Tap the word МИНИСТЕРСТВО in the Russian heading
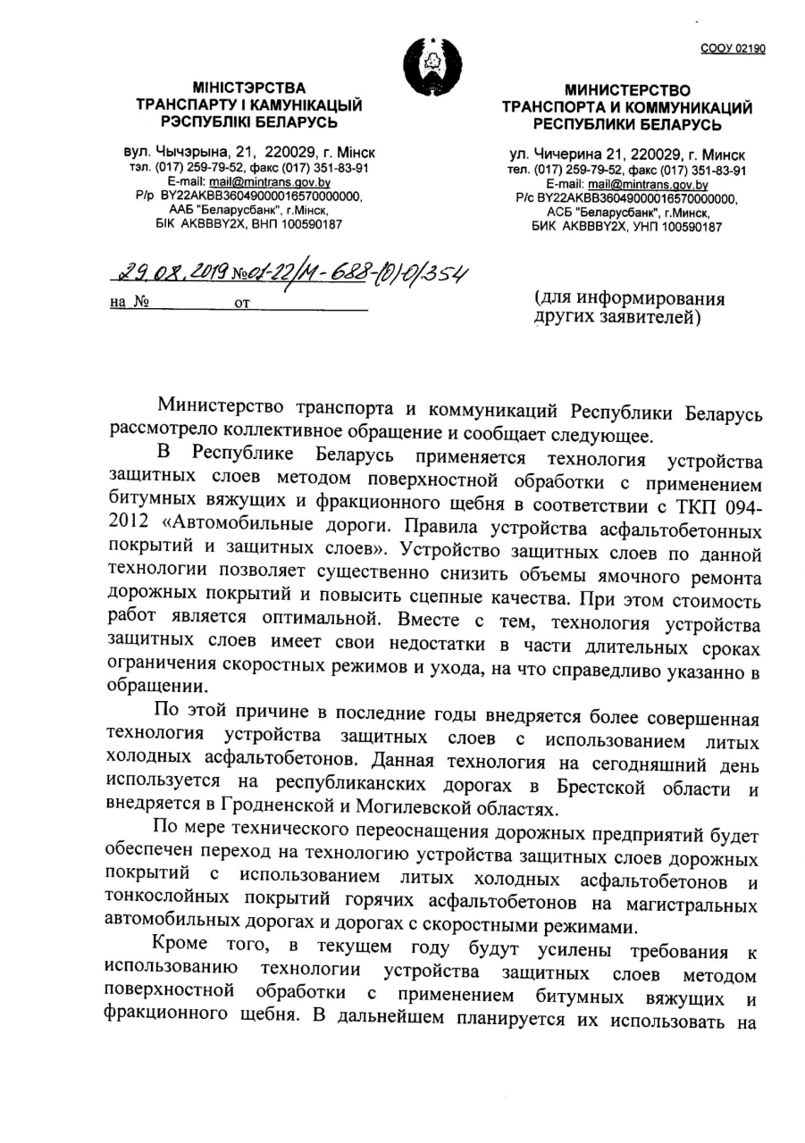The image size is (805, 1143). click(627, 90)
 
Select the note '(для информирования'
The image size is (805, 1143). click(629, 299)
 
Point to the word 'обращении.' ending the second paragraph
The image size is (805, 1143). click(151, 687)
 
